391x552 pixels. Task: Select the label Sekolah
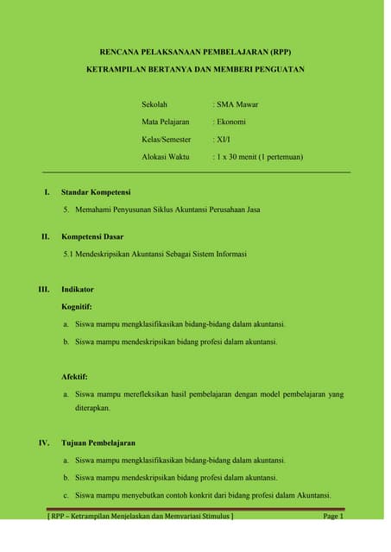[x=155, y=104]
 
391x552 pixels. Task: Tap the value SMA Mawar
[x=236, y=104]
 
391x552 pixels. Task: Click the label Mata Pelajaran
[x=166, y=122]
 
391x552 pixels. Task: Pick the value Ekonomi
[x=230, y=122]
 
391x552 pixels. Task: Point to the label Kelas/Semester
[x=168, y=140]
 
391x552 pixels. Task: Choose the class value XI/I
[x=224, y=140]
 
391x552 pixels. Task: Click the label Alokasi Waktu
[x=166, y=157]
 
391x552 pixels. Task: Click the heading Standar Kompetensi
[x=96, y=191]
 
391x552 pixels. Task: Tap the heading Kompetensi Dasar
[x=92, y=235]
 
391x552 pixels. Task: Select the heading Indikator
[x=78, y=289]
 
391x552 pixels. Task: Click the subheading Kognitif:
[x=77, y=306]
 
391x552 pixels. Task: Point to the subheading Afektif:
[x=75, y=377]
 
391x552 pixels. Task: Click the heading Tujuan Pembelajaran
[x=98, y=442]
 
